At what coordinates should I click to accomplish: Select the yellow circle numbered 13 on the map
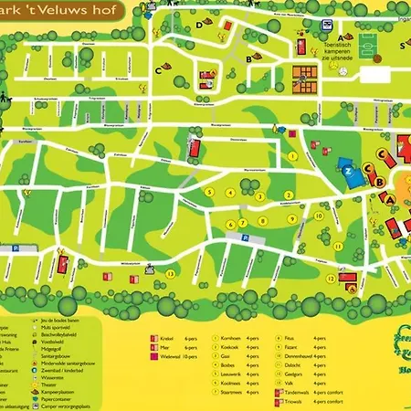[x=170, y=272]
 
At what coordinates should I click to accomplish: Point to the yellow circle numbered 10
[x=318, y=216]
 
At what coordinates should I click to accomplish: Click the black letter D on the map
[x=198, y=26]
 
